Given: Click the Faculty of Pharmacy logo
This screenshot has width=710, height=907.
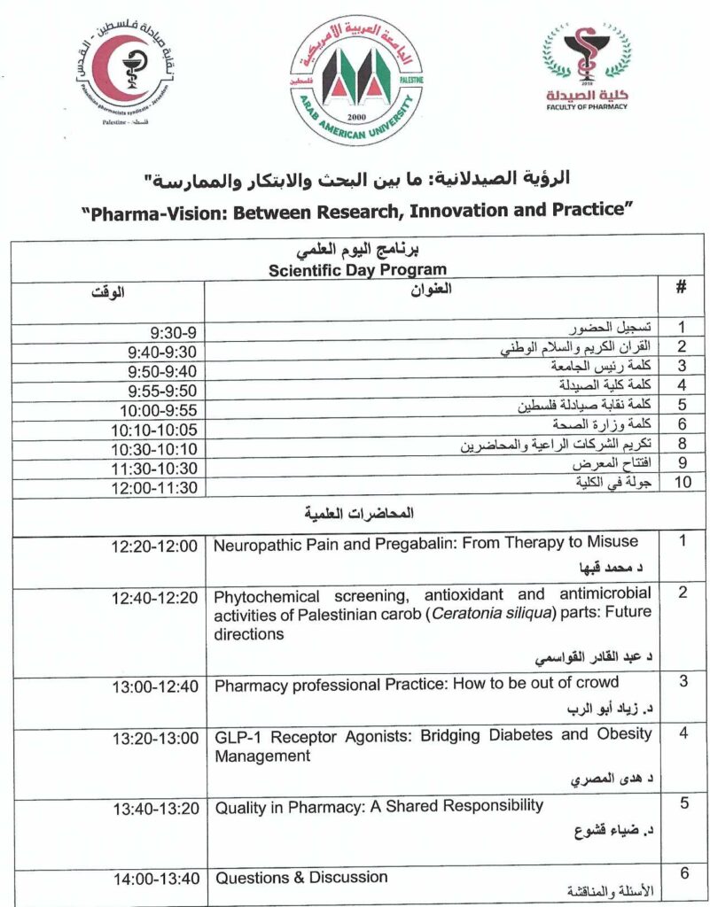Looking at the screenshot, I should tap(586, 69).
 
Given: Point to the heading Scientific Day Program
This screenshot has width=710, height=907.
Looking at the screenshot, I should tap(357, 270).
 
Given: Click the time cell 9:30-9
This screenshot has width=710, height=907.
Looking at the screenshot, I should tap(173, 333).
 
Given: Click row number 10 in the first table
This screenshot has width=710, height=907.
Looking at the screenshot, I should tap(683, 482).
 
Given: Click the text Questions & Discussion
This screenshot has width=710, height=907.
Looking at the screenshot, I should tap(301, 877).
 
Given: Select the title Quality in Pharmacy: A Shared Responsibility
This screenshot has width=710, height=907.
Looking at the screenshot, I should tap(379, 805).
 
